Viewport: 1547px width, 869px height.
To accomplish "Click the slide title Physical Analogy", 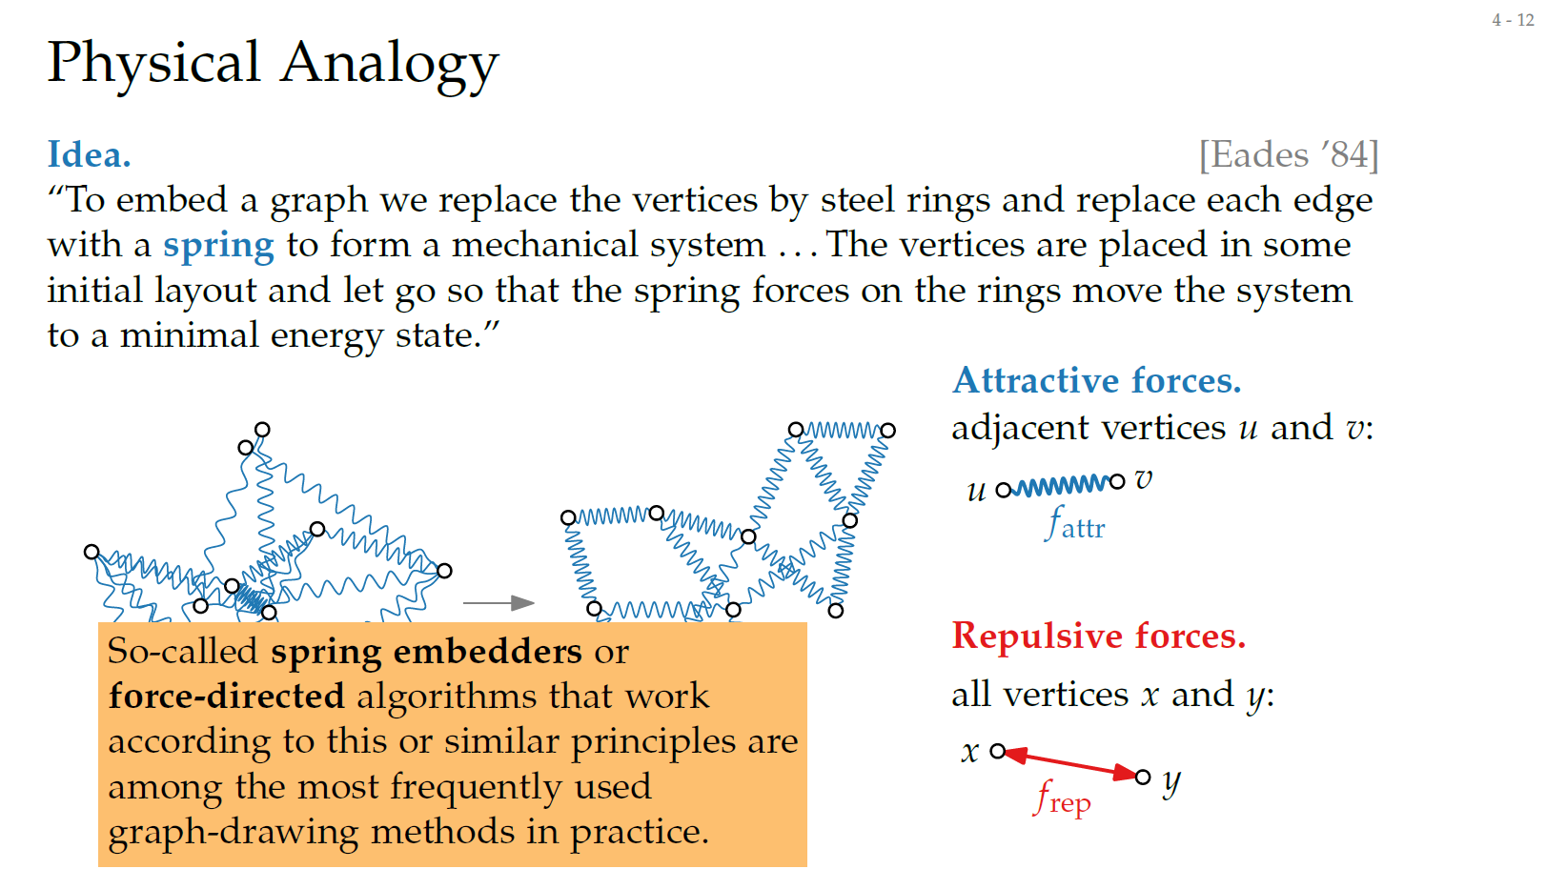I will pyautogui.click(x=273, y=63).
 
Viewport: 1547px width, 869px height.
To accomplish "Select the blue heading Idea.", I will pyautogui.click(x=89, y=154).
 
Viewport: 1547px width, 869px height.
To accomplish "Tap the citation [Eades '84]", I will pyautogui.click(x=1288, y=154).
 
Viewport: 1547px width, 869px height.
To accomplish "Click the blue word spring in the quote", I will pyautogui.click(x=218, y=246).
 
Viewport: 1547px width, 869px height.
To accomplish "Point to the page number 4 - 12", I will pyautogui.click(x=1513, y=20).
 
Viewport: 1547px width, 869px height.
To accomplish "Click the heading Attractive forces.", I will pyautogui.click(x=1096, y=380).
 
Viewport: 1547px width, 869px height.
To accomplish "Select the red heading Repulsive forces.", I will pyautogui.click(x=1098, y=636).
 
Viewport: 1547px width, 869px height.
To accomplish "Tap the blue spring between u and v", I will pyautogui.click(x=1059, y=487).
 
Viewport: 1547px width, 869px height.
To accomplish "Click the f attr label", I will pyautogui.click(x=1074, y=524).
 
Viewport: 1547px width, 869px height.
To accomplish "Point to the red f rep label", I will pyautogui.click(x=1063, y=798).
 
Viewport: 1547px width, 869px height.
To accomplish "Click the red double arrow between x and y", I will pyautogui.click(x=1070, y=764).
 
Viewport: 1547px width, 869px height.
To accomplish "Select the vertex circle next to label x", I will pyautogui.click(x=997, y=752).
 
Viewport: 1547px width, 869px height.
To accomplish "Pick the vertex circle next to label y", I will pyautogui.click(x=1144, y=777).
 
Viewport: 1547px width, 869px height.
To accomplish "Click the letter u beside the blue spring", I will pyautogui.click(x=976, y=490).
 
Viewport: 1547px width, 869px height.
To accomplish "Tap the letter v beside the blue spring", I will pyautogui.click(x=1144, y=479).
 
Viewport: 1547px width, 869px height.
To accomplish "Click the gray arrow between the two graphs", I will pyautogui.click(x=498, y=603).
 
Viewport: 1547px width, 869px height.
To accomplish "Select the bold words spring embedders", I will pyautogui.click(x=426, y=652).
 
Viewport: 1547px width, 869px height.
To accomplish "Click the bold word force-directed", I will pyautogui.click(x=226, y=697).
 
